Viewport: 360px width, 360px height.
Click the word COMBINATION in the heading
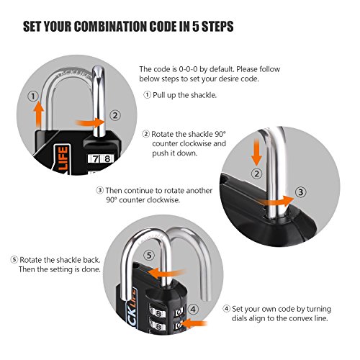pyautogui.click(x=111, y=26)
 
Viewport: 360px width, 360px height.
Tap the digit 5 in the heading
pyautogui.click(x=196, y=26)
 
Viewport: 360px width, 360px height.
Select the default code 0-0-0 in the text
pyautogui.click(x=188, y=69)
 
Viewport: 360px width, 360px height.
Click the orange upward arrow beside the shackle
pyautogui.click(x=38, y=114)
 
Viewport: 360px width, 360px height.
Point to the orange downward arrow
pyautogui.click(x=256, y=152)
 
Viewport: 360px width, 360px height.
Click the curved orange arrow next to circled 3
pyautogui.click(x=276, y=201)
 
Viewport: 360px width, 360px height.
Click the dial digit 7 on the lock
pyautogui.click(x=96, y=158)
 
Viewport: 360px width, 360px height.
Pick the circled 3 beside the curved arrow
pyautogui.click(x=300, y=192)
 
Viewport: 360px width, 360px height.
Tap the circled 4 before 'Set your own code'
pyautogui.click(x=226, y=309)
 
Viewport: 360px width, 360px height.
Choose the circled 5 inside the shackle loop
pyautogui.click(x=149, y=255)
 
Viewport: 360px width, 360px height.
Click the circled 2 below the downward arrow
pyautogui.click(x=256, y=174)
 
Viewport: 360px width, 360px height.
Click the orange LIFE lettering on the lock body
pyautogui.click(x=63, y=158)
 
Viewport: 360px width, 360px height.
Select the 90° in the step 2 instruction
pyautogui.click(x=220, y=134)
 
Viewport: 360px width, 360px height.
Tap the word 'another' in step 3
pyautogui.click(x=199, y=191)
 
